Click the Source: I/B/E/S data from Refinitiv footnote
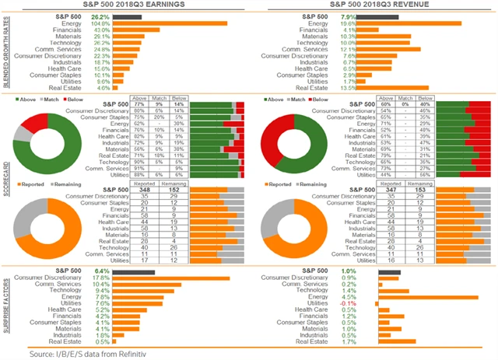coord(89,353)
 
